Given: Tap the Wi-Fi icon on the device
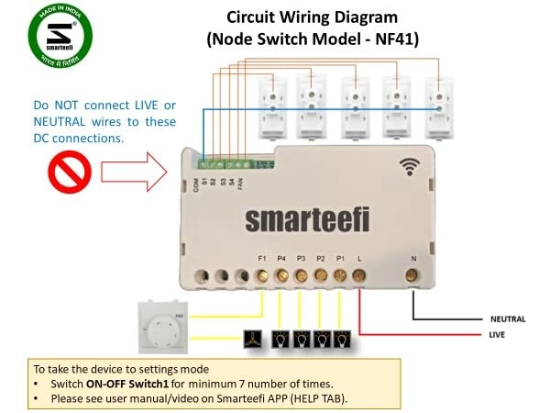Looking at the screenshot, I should click(x=410, y=166).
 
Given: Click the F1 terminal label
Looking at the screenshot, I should click(x=263, y=259).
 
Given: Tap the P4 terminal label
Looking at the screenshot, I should click(x=282, y=259).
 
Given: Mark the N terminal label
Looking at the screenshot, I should click(x=413, y=259).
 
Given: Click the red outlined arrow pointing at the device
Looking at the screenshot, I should click(x=133, y=170).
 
